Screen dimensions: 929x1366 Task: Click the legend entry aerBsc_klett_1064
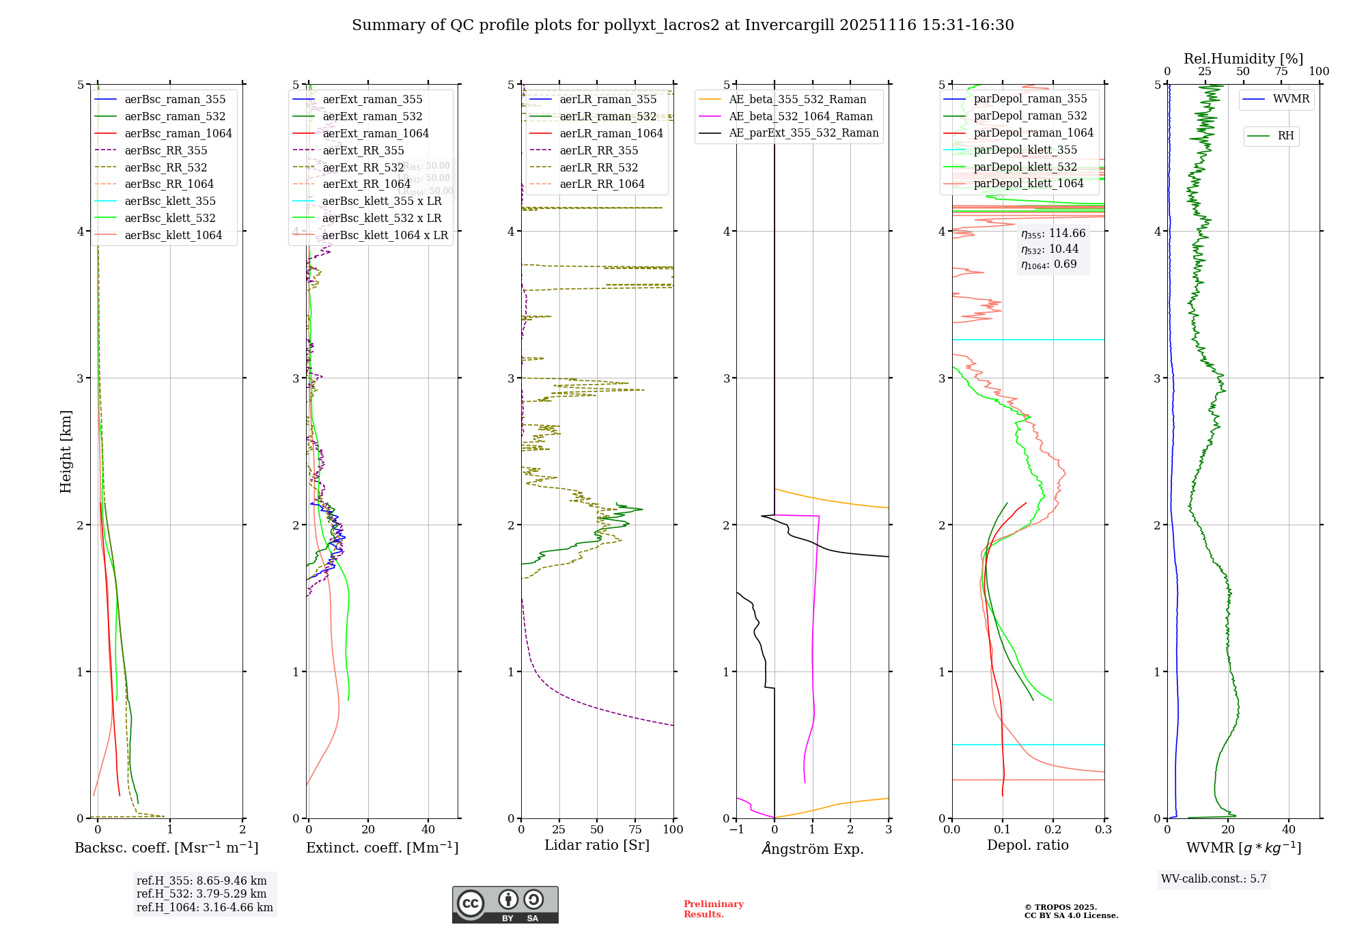(x=173, y=235)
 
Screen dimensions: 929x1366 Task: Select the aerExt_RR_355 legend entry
(x=363, y=150)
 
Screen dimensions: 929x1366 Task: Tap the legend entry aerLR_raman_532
(x=608, y=116)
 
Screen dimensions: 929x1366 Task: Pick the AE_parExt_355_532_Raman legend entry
(x=803, y=133)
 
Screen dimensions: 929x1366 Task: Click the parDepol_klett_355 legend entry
(x=1025, y=150)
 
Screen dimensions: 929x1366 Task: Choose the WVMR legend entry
(x=1291, y=99)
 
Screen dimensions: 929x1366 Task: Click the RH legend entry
(x=1285, y=136)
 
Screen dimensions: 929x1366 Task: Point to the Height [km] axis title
(x=66, y=452)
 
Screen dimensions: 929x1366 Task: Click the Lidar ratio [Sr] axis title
(x=596, y=845)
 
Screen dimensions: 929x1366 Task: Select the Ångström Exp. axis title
(x=813, y=848)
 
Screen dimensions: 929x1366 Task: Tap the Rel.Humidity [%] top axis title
(x=1243, y=59)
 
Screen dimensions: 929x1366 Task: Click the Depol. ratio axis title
(x=1027, y=845)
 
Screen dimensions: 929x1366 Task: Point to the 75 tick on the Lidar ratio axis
(x=635, y=829)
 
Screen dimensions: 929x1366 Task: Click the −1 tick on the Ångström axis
(x=736, y=829)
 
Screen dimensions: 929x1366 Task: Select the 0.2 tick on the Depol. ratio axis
(x=1053, y=829)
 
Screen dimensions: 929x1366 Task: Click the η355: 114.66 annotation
(x=1053, y=234)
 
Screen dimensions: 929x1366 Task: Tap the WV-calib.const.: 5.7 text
(x=1214, y=879)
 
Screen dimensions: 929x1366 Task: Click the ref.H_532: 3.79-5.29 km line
(x=201, y=893)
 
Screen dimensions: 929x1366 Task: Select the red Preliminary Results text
(x=713, y=909)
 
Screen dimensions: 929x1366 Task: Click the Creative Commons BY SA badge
(x=505, y=904)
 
